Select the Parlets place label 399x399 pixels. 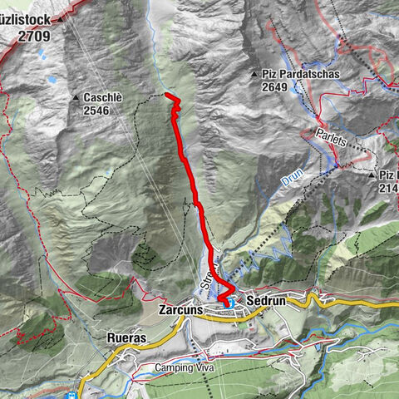click(x=332, y=138)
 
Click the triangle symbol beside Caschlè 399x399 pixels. click(x=76, y=97)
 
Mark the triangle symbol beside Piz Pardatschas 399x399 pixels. click(x=255, y=75)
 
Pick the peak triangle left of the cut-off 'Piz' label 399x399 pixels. click(x=372, y=175)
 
